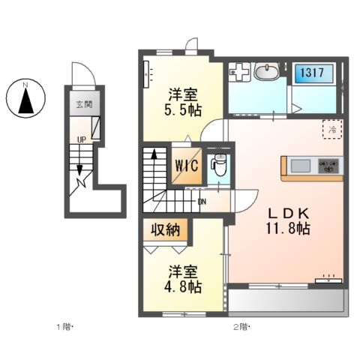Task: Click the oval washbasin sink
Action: pos(267,72)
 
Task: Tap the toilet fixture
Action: pos(219,166)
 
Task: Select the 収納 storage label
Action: pos(166,230)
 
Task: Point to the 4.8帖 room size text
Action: pos(184,286)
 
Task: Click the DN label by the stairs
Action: pos(202,201)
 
